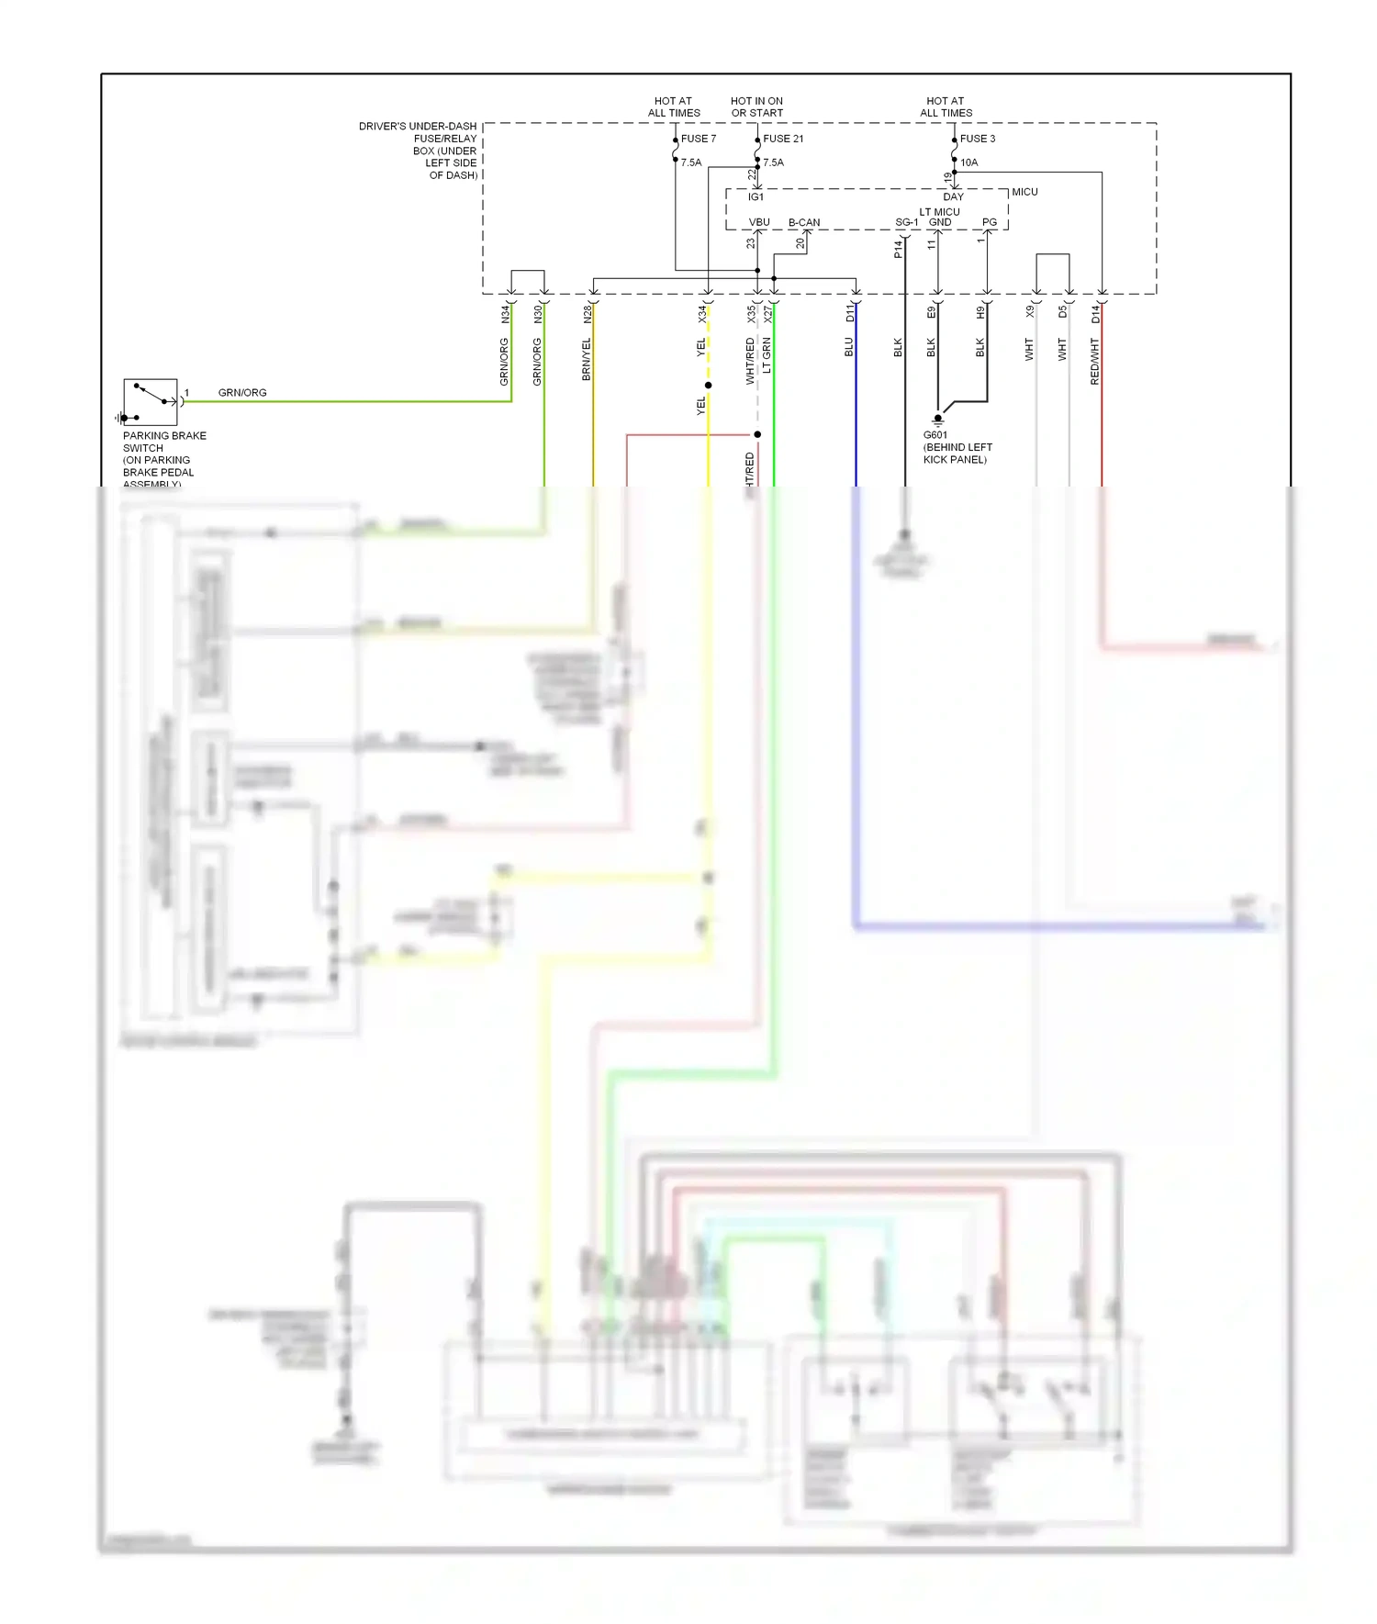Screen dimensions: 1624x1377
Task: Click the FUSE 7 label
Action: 698,139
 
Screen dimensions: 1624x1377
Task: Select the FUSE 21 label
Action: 783,139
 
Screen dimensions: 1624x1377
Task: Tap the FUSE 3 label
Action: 977,139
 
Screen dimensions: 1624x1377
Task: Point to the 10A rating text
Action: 968,162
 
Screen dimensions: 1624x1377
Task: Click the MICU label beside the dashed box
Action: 1024,192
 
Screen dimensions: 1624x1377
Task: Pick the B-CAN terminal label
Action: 804,222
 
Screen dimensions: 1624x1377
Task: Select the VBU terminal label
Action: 759,222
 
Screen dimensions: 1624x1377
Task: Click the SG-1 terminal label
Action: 906,222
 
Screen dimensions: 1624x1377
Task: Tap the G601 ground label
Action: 935,435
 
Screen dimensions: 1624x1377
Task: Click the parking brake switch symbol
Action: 151,401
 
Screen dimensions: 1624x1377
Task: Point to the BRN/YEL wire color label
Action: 587,359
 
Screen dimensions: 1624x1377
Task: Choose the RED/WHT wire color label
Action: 1094,361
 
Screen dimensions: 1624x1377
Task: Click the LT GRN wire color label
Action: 767,355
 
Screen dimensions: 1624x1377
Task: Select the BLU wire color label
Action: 849,347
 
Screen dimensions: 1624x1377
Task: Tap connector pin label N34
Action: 505,315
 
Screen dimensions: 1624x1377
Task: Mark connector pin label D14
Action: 1095,315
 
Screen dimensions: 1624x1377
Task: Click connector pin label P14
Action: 898,249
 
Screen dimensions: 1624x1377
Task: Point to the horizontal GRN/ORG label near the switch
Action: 242,393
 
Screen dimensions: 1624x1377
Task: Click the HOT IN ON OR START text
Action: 756,106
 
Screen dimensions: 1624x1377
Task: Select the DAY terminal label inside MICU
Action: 953,196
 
